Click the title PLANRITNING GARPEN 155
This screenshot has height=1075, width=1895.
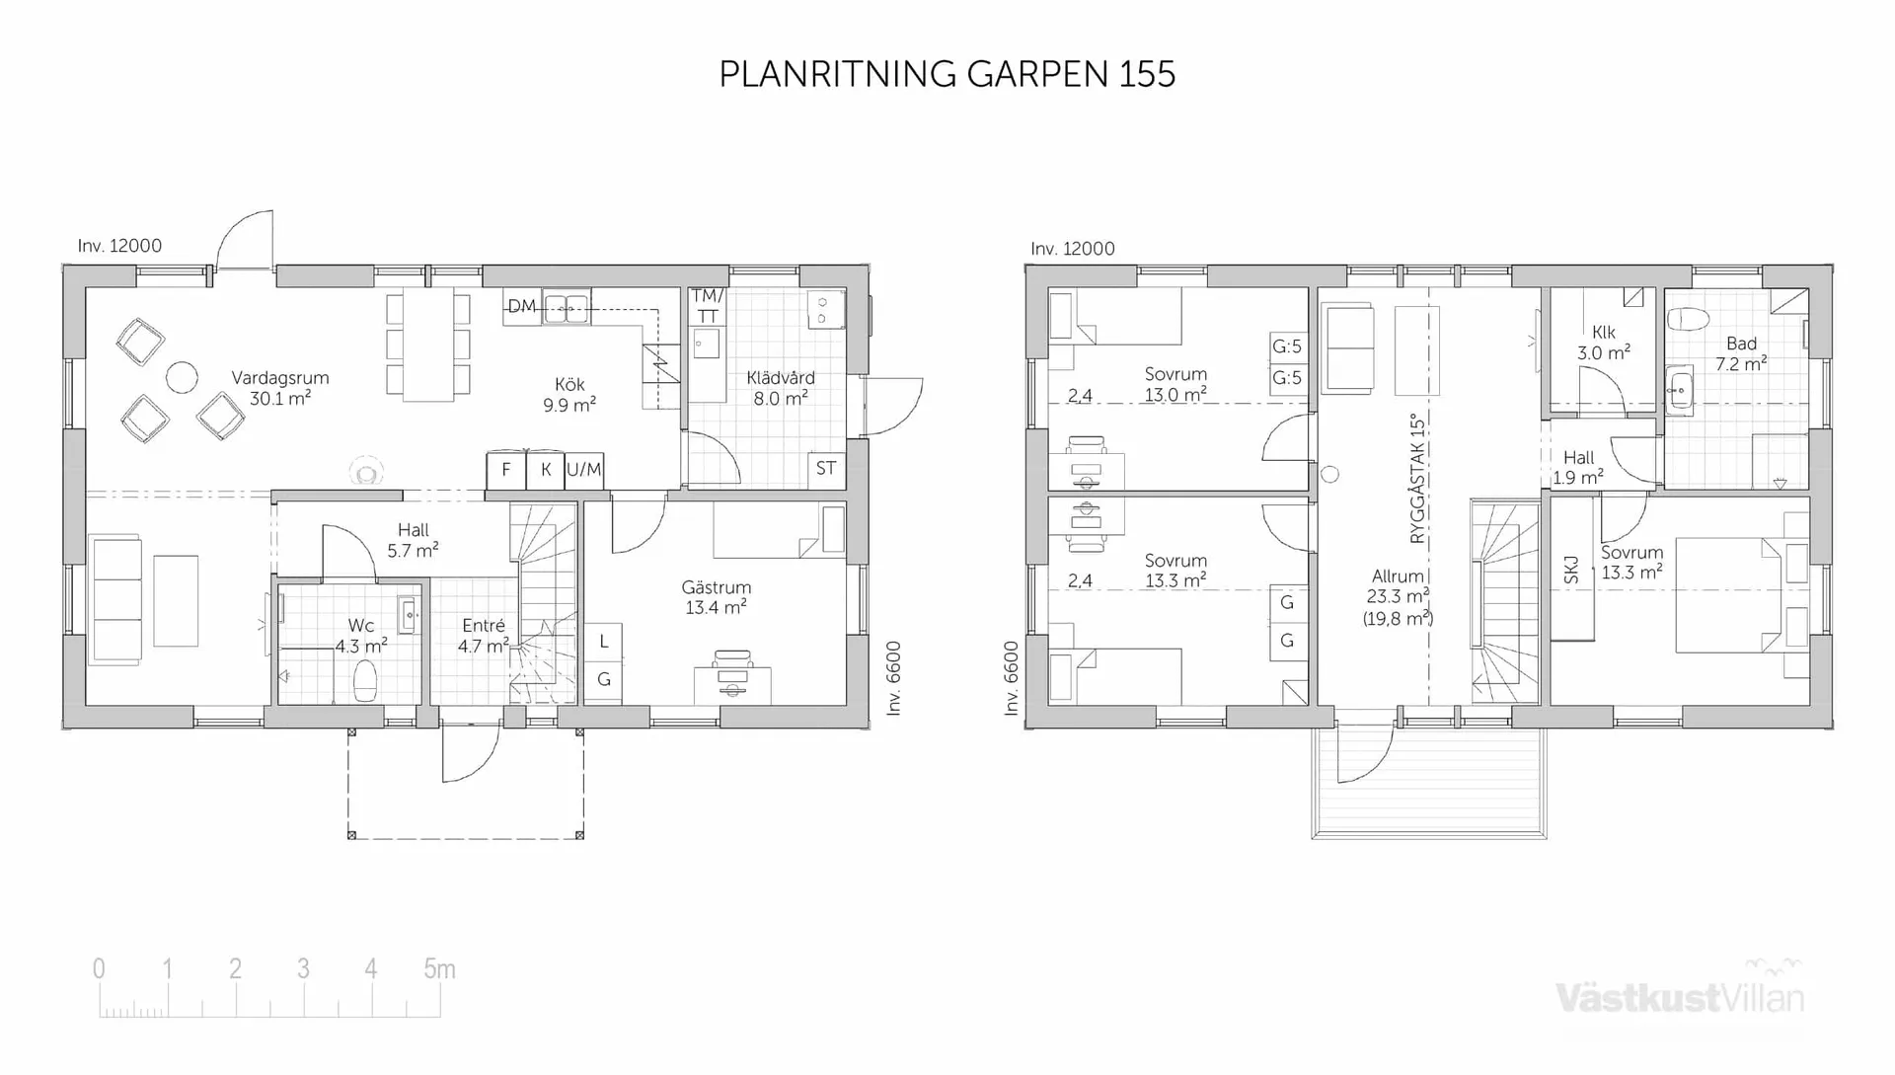947,74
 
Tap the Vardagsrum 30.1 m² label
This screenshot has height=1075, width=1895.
280,388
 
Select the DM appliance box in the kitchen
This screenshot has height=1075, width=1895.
522,306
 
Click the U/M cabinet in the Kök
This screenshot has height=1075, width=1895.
583,470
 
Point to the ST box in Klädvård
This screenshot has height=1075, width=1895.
826,469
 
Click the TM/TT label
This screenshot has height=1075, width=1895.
707,306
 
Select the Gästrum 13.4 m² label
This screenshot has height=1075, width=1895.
716,597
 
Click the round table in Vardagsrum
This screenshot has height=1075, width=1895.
182,377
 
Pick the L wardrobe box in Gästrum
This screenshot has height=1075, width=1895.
604,642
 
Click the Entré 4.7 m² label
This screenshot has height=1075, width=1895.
483,635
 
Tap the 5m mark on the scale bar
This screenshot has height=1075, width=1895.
439,969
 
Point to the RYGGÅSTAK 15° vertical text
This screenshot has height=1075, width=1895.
1418,479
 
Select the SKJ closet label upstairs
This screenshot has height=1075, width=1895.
1571,570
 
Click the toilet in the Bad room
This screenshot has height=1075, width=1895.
1689,319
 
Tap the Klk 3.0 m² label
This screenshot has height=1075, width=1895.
1603,343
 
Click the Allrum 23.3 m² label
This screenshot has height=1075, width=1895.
1398,596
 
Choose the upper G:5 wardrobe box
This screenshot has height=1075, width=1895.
1287,346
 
